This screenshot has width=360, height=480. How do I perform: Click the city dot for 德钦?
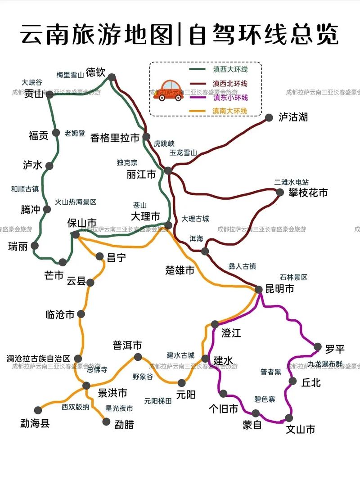pyautogui.click(x=112, y=77)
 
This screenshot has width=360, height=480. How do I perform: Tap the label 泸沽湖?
pyautogui.click(x=293, y=117)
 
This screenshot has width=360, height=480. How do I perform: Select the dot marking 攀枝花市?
pyautogui.click(x=280, y=192)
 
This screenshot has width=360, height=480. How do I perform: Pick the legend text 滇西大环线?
pyautogui.click(x=230, y=70)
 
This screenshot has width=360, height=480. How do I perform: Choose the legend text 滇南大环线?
pyautogui.click(x=230, y=111)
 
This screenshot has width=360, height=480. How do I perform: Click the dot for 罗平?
pyautogui.click(x=318, y=347)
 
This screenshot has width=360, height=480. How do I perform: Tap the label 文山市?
pyautogui.click(x=301, y=429)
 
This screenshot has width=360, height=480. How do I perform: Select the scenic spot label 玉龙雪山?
pyautogui.click(x=183, y=153)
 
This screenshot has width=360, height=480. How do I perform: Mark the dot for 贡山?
pyautogui.click(x=50, y=95)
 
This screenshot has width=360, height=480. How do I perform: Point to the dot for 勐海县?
pyautogui.click(x=38, y=410)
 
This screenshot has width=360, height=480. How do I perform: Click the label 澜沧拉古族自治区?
pyautogui.click(x=38, y=359)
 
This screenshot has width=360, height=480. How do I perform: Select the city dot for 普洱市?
pyautogui.click(x=138, y=357)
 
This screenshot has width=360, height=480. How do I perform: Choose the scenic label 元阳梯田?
pyautogui.click(x=158, y=401)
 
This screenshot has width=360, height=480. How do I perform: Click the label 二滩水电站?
pyautogui.click(x=292, y=182)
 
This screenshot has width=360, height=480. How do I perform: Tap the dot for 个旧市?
pyautogui.click(x=223, y=394)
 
